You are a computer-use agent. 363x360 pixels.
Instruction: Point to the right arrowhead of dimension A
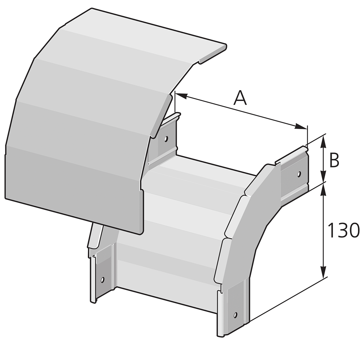pyautogui.click(x=301, y=127)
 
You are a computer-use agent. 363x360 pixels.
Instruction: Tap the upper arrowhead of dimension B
pyautogui.click(x=323, y=141)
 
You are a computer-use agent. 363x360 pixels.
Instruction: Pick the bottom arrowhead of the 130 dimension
pyautogui.click(x=323, y=272)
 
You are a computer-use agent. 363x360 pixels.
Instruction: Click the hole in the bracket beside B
pyautogui.click(x=298, y=174)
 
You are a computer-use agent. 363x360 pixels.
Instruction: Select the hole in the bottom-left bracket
pyautogui.click(x=102, y=279)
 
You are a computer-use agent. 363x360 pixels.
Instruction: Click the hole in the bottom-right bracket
pyautogui.click(x=235, y=315)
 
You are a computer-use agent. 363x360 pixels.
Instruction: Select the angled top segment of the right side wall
pyautogui.click(x=262, y=179)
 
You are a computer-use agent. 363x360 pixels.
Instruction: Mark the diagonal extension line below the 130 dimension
pyautogui.click(x=285, y=301)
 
